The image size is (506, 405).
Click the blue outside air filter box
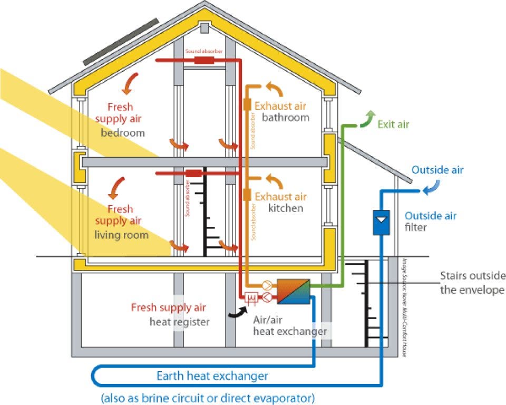[x=380, y=222]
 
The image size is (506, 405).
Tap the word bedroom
[x=122, y=132]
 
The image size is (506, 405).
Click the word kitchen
[x=286, y=208]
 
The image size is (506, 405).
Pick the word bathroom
[x=285, y=117]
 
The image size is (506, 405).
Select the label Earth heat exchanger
[x=212, y=376]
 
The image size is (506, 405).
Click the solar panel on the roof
[x=120, y=41]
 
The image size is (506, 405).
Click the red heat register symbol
[x=252, y=298]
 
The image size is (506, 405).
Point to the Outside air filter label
[x=430, y=221]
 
